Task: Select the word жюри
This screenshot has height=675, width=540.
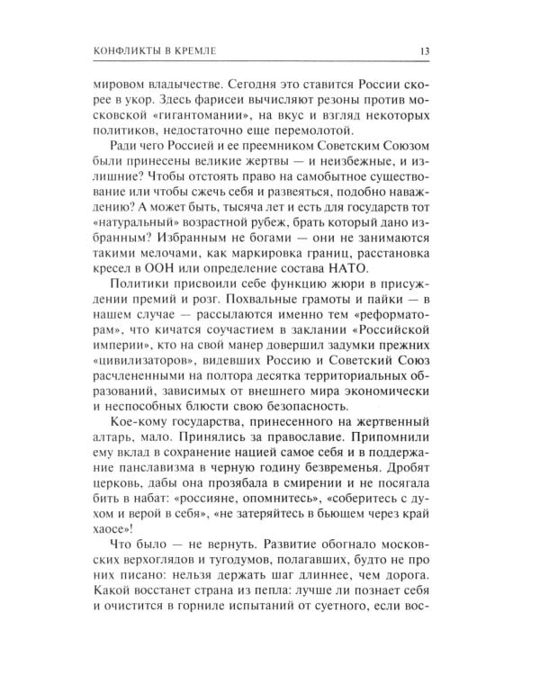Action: [x=329, y=287]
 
